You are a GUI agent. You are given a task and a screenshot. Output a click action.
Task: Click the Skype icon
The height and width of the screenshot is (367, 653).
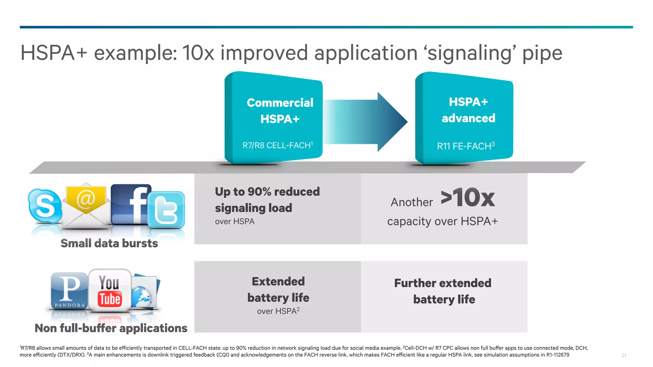[x=45, y=206]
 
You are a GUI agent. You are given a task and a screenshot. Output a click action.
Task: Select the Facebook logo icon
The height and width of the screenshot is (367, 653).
[x=130, y=204]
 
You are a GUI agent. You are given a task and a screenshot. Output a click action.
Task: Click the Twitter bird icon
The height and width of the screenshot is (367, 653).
[x=166, y=210]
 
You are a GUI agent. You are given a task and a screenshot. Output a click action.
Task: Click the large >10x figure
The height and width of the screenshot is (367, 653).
[x=468, y=198]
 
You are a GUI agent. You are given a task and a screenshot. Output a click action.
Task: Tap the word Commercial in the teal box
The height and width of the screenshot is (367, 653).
[x=280, y=103]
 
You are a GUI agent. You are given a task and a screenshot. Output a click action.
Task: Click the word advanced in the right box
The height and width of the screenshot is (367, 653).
[x=468, y=118]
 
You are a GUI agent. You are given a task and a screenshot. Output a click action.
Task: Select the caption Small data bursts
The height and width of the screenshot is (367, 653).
[x=109, y=243]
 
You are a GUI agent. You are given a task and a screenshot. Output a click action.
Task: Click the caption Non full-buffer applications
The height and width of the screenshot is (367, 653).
[x=111, y=328]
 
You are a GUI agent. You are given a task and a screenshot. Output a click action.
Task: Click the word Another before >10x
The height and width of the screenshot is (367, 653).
[x=412, y=202]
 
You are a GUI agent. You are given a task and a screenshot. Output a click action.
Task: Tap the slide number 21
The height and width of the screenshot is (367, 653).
[x=624, y=355]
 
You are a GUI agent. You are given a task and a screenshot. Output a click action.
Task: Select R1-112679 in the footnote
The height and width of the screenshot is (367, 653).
[x=558, y=355]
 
